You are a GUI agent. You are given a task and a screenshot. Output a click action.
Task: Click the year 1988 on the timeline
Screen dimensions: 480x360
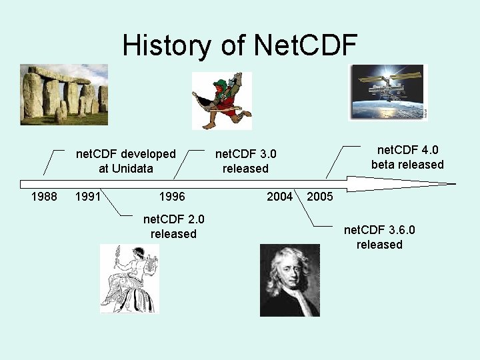[x=45, y=197]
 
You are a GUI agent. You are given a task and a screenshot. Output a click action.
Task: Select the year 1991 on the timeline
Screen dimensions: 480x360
[x=89, y=197]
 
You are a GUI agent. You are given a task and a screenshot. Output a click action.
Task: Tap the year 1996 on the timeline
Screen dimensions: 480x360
[x=172, y=197]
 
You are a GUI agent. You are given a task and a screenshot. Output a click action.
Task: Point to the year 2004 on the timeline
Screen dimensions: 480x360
[x=279, y=197]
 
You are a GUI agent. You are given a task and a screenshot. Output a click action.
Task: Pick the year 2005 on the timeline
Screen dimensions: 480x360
[x=320, y=197]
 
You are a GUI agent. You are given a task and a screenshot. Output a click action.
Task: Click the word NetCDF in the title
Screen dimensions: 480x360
[x=305, y=45]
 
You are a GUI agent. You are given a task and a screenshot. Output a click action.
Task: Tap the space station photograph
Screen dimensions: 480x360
[x=387, y=92]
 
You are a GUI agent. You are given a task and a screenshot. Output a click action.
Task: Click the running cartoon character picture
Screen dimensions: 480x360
[x=222, y=100]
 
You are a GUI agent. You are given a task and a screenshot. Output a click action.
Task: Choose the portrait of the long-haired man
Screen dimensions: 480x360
[x=289, y=279]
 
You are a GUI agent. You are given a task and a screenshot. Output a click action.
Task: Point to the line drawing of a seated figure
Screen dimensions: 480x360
[x=130, y=279]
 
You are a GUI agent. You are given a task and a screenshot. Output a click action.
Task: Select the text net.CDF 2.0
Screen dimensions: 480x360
[x=174, y=219]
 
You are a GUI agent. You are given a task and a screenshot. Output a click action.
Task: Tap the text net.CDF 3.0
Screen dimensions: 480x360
[x=245, y=154]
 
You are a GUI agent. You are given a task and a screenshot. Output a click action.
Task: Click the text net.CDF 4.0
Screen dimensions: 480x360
[x=407, y=149]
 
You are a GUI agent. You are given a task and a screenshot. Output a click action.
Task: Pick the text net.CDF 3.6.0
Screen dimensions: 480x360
[x=379, y=230]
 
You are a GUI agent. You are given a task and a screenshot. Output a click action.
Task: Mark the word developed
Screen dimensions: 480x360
[x=144, y=154]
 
